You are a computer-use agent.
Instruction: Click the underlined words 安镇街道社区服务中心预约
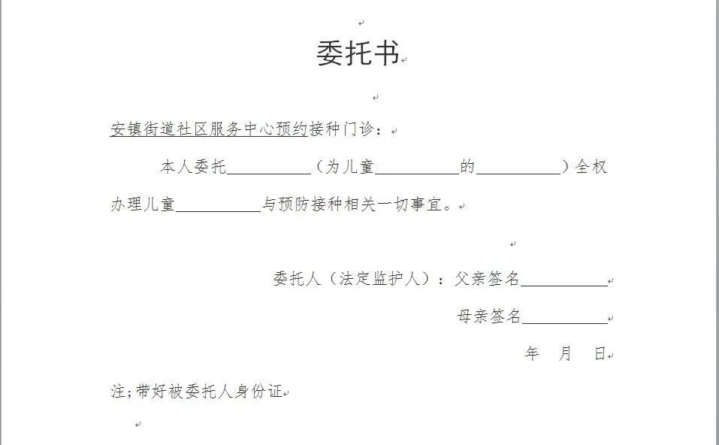pos(209,129)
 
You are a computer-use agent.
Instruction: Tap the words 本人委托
pos(193,167)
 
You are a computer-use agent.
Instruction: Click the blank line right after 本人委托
pos(268,168)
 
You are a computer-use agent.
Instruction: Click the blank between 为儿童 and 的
pos(416,168)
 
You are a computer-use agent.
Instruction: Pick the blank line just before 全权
pos(518,168)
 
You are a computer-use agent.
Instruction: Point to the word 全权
pos(591,167)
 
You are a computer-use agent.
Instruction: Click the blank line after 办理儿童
pos(218,206)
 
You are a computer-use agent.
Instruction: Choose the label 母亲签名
pos(488,316)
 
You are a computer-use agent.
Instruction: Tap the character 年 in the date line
pos(532,354)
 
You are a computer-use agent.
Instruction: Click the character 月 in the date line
pos(566,354)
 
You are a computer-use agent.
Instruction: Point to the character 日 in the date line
pos(600,354)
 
